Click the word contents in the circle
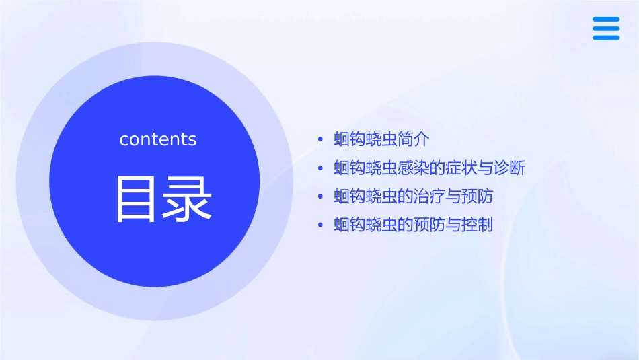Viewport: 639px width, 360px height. click(157, 139)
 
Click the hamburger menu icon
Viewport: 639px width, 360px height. click(605, 28)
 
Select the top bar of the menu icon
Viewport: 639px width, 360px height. click(605, 20)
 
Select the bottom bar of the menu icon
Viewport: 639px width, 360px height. click(605, 38)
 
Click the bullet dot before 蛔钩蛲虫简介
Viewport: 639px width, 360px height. click(320, 140)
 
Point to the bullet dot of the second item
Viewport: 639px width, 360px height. click(320, 168)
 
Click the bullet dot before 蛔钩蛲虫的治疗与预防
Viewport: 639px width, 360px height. click(320, 196)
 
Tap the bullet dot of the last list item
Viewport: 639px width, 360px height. click(320, 225)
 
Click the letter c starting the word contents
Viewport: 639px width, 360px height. click(124, 140)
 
